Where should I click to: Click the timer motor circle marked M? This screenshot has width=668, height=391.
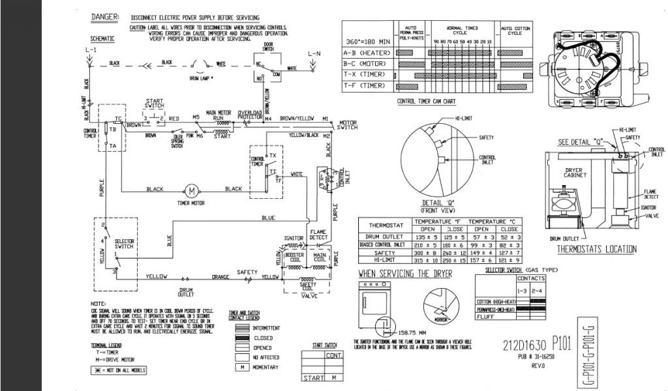(192, 190)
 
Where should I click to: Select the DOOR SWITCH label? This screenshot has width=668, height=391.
(267, 48)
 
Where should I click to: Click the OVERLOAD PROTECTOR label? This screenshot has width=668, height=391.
(250, 114)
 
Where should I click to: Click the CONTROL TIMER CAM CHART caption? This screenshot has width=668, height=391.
(426, 102)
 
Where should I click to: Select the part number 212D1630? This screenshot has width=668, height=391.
(524, 345)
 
